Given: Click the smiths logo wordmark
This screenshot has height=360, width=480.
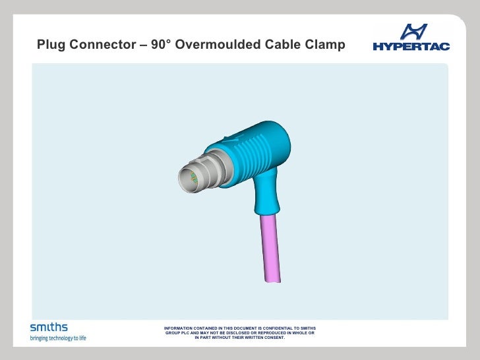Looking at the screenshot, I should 48,327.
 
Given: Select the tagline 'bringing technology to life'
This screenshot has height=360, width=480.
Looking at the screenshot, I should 58,338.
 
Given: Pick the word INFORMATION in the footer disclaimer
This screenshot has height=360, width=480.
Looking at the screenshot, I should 179,328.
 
